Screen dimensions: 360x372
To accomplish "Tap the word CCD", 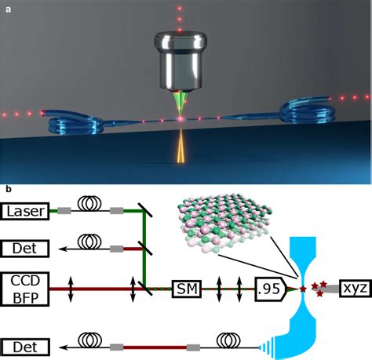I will [27, 281].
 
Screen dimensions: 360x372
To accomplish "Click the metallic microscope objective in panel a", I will [181, 64].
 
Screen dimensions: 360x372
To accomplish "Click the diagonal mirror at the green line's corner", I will [146, 209].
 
